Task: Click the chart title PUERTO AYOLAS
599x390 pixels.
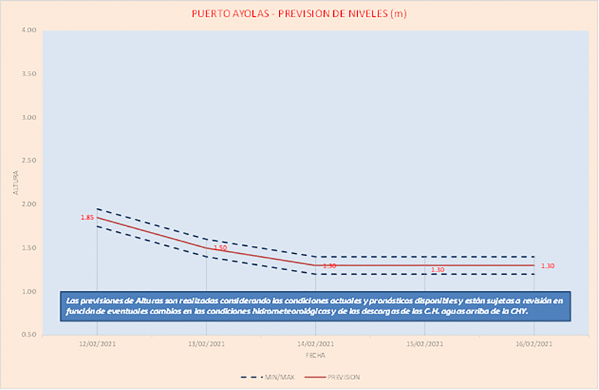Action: pos(299,14)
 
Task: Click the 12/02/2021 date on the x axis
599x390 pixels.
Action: pos(97,344)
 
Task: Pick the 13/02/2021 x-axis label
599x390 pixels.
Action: pos(206,344)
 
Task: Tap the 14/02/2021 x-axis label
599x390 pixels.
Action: pos(315,344)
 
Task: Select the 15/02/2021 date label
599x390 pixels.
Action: pos(425,344)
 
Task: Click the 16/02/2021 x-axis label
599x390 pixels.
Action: pos(533,344)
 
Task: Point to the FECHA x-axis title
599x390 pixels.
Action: pos(315,355)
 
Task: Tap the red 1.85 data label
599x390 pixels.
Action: pos(87,218)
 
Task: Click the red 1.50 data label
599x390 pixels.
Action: pos(220,248)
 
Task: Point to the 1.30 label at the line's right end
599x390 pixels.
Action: pos(548,266)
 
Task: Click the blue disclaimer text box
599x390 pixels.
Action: pos(315,306)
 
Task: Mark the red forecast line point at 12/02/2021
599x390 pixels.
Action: pos(97,218)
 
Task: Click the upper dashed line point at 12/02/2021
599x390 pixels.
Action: pos(97,209)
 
